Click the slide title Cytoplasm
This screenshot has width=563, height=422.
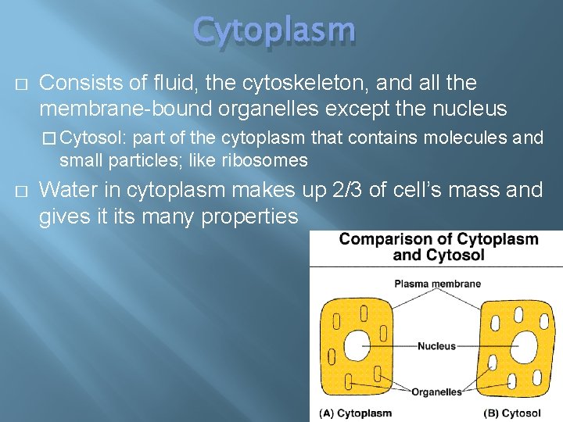274,30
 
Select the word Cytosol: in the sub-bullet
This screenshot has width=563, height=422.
94,139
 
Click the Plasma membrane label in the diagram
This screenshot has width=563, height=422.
437,284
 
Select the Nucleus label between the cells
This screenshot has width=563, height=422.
436,345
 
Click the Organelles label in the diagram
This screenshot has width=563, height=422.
436,392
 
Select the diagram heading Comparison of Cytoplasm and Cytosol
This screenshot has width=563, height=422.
438,247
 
